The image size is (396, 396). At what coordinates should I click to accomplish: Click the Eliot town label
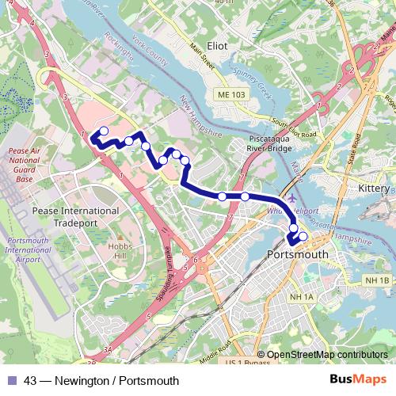click(x=216, y=46)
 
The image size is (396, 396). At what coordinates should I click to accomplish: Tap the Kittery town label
click(x=373, y=189)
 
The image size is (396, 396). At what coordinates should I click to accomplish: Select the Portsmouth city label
click(x=299, y=254)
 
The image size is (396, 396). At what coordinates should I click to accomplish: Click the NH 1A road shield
click(x=302, y=297)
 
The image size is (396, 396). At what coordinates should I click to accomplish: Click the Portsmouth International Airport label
click(x=28, y=250)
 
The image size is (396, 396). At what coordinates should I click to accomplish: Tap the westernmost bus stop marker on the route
click(x=103, y=131)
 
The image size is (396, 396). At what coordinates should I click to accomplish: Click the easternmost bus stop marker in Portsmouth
click(x=303, y=236)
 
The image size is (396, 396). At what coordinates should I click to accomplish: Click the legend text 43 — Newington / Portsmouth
click(x=101, y=380)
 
